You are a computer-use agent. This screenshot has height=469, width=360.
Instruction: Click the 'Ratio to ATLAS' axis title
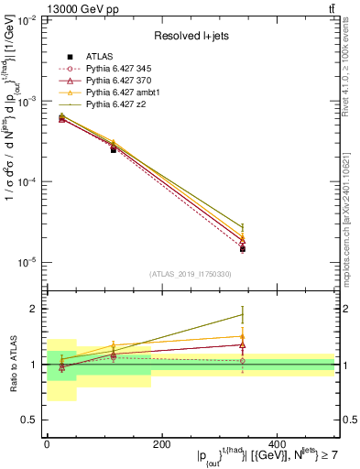(x=11, y=364)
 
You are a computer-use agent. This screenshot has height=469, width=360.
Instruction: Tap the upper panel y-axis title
(x=13, y=151)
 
